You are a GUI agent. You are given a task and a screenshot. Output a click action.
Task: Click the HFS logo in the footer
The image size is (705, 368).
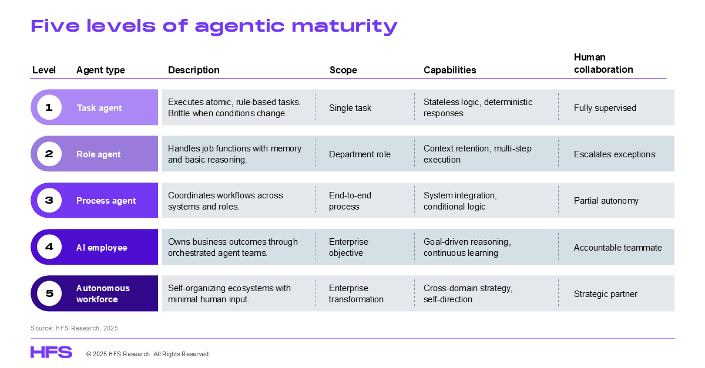51,352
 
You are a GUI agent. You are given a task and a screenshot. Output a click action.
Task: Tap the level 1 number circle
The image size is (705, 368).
49,107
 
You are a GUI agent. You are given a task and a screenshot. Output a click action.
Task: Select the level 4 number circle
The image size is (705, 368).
49,247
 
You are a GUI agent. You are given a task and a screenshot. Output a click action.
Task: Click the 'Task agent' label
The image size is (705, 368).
99,108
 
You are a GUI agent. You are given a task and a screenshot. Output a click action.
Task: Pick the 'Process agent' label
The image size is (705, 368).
106,201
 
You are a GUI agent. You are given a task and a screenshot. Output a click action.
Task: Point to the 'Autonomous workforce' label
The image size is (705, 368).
103,293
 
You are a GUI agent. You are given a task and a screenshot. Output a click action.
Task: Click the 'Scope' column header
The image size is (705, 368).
343,70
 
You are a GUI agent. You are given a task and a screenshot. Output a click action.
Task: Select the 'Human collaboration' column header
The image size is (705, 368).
603,63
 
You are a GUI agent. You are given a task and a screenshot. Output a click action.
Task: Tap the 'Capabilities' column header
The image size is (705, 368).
450,70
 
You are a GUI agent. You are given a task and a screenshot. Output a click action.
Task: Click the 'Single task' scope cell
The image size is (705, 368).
350,108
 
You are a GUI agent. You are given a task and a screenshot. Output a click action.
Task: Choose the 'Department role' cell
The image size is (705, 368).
360,154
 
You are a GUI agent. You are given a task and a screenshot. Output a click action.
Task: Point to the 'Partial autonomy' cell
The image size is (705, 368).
606,201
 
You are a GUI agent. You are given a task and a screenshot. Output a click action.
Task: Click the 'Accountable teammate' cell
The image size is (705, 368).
618,248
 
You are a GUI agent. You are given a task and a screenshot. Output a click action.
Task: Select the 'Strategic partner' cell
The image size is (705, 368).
606,294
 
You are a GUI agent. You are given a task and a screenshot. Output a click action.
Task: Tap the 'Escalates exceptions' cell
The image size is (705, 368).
615,154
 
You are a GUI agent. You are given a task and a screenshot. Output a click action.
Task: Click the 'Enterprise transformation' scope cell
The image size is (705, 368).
356,293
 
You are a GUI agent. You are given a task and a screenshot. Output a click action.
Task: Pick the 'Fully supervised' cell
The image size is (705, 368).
605,108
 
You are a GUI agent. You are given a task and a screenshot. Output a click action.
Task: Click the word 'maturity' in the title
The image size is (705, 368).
345,26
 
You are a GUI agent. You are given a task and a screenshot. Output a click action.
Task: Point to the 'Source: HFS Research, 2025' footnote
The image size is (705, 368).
74,328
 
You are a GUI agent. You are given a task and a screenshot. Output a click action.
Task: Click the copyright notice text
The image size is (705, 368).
148,354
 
